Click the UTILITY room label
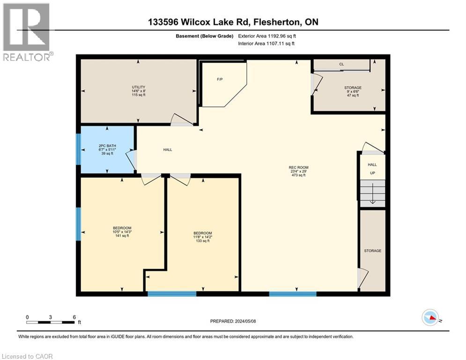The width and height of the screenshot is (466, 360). (138, 87)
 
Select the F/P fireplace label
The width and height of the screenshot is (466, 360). (219, 79)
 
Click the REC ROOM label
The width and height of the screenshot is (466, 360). (298, 167)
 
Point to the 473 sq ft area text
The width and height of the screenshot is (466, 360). (298, 175)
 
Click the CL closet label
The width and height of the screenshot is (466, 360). (341, 65)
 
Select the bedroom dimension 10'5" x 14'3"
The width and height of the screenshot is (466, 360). (122, 232)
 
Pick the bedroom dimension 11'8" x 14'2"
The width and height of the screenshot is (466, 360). (203, 237)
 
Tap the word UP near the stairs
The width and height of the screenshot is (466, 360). (373, 173)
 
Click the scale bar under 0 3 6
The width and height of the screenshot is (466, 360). (51, 322)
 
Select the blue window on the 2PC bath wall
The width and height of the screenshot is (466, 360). (79, 150)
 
